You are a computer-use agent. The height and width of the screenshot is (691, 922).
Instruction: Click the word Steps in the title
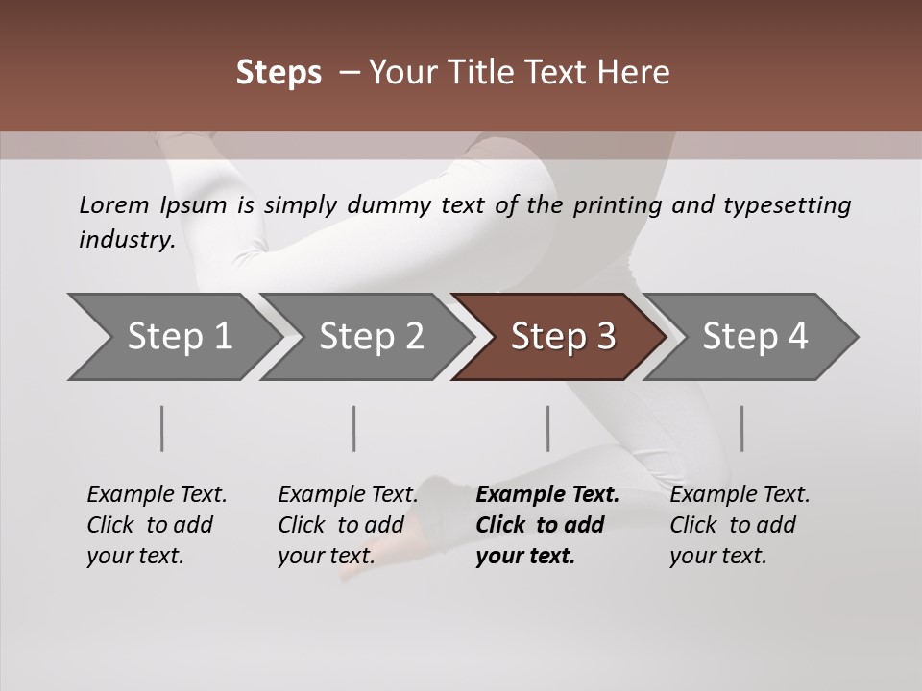pos(279,73)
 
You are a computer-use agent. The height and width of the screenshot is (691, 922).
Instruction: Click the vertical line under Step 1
pos(162,428)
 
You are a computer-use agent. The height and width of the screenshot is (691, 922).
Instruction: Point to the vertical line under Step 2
pos(354,428)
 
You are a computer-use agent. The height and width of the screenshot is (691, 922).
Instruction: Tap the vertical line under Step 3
pos(547,428)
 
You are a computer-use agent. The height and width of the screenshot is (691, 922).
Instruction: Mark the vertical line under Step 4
pos(741,428)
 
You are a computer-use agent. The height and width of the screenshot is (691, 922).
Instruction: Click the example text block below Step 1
pos(156,525)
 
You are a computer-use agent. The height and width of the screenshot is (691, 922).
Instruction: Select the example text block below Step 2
pos(347,525)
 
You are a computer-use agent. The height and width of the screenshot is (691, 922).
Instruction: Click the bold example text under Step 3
pos(546,525)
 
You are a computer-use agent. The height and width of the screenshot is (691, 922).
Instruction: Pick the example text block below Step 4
pos(739,525)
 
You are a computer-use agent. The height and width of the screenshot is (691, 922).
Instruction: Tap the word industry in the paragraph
pos(126,240)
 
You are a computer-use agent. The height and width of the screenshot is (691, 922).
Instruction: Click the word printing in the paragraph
pos(615,205)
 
